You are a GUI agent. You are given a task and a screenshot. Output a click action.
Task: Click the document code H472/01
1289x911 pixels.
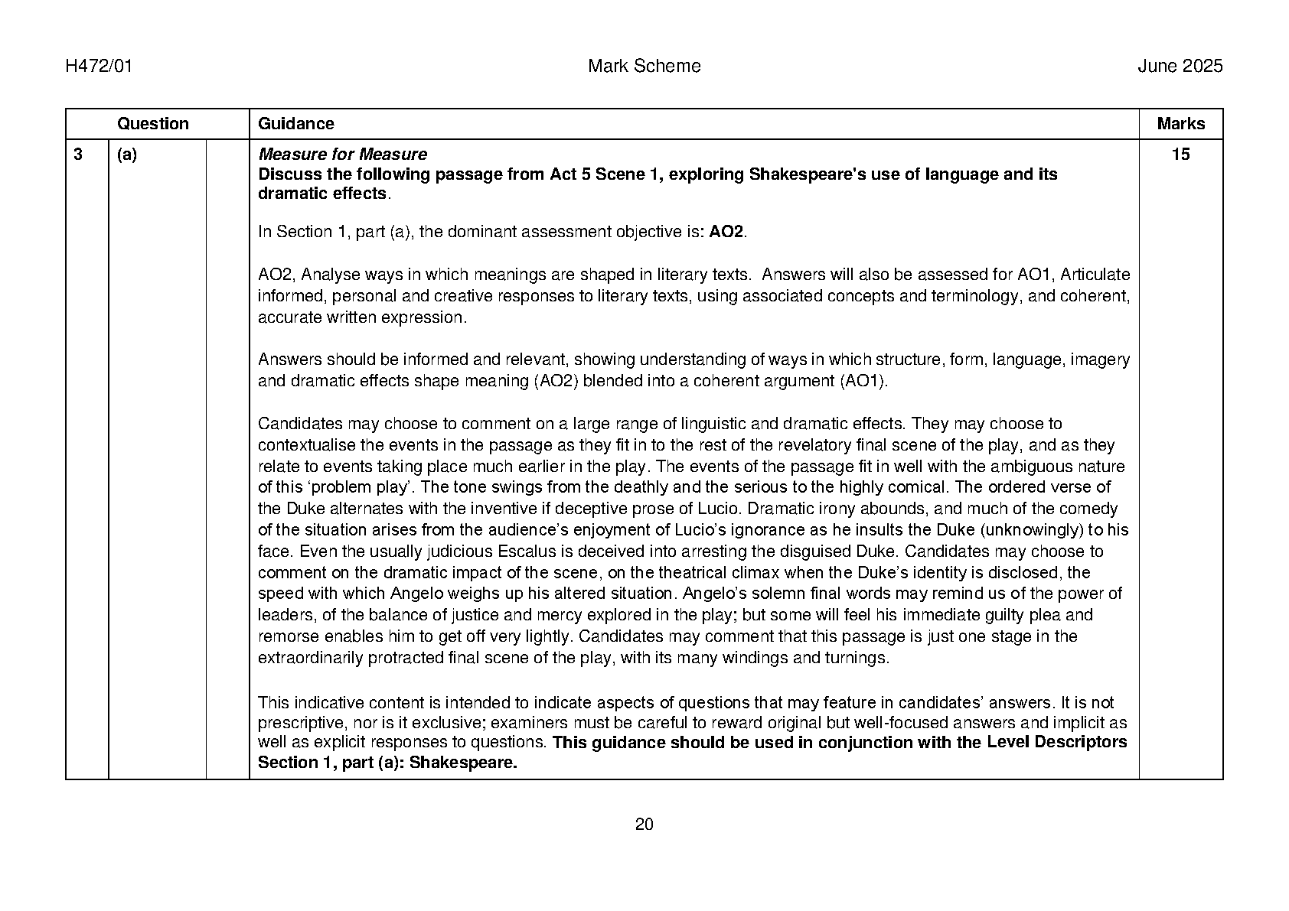(x=99, y=67)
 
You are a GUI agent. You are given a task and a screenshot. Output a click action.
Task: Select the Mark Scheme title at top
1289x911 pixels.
(x=644, y=67)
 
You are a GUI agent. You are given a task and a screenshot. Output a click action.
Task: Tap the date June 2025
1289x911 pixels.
(x=1180, y=67)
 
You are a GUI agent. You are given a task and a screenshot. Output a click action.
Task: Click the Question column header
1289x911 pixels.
(x=152, y=124)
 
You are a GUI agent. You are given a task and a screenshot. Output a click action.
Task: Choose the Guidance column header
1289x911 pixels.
(x=295, y=124)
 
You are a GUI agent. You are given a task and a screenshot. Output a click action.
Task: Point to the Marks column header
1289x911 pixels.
(x=1180, y=124)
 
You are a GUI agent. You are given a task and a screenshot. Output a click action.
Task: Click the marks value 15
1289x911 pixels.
(x=1180, y=155)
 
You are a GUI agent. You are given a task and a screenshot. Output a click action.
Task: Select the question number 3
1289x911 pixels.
(x=78, y=155)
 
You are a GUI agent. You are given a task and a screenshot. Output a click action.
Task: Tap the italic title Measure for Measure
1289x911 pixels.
(x=342, y=155)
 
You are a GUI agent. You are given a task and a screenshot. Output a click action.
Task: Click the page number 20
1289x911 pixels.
(x=644, y=825)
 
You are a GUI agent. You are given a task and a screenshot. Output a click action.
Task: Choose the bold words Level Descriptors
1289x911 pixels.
(x=1056, y=743)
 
